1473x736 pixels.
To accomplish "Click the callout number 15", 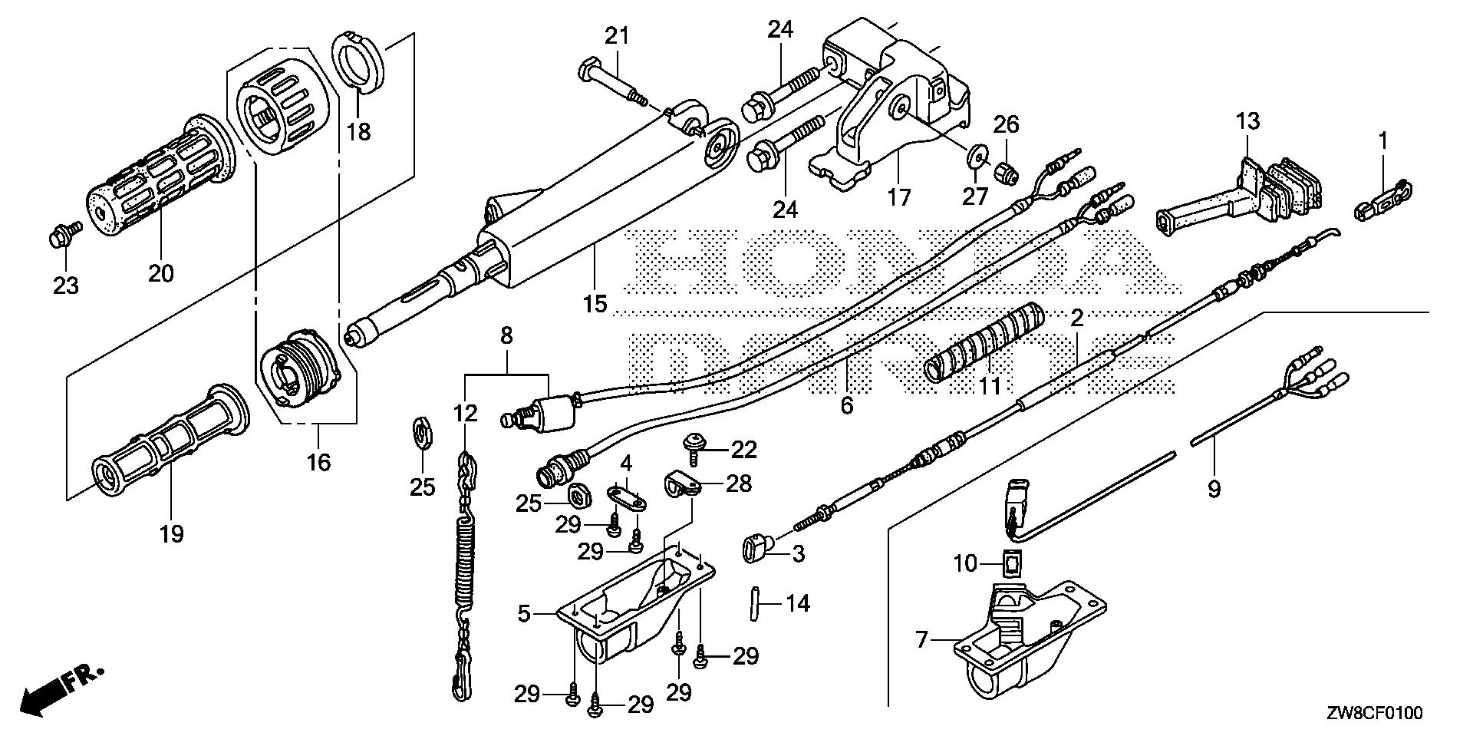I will (x=595, y=304).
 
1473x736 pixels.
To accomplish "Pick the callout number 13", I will (x=1247, y=121).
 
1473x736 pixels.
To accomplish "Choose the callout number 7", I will (x=921, y=639).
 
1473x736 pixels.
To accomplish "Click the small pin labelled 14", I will (x=754, y=603).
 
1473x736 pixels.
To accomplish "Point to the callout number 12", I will (x=465, y=414).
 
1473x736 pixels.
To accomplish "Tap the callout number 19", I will (x=171, y=533).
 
